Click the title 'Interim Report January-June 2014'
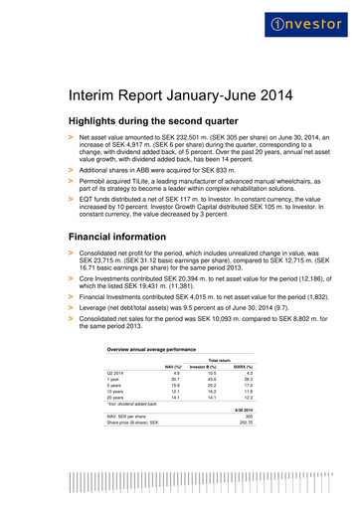click(179, 97)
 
